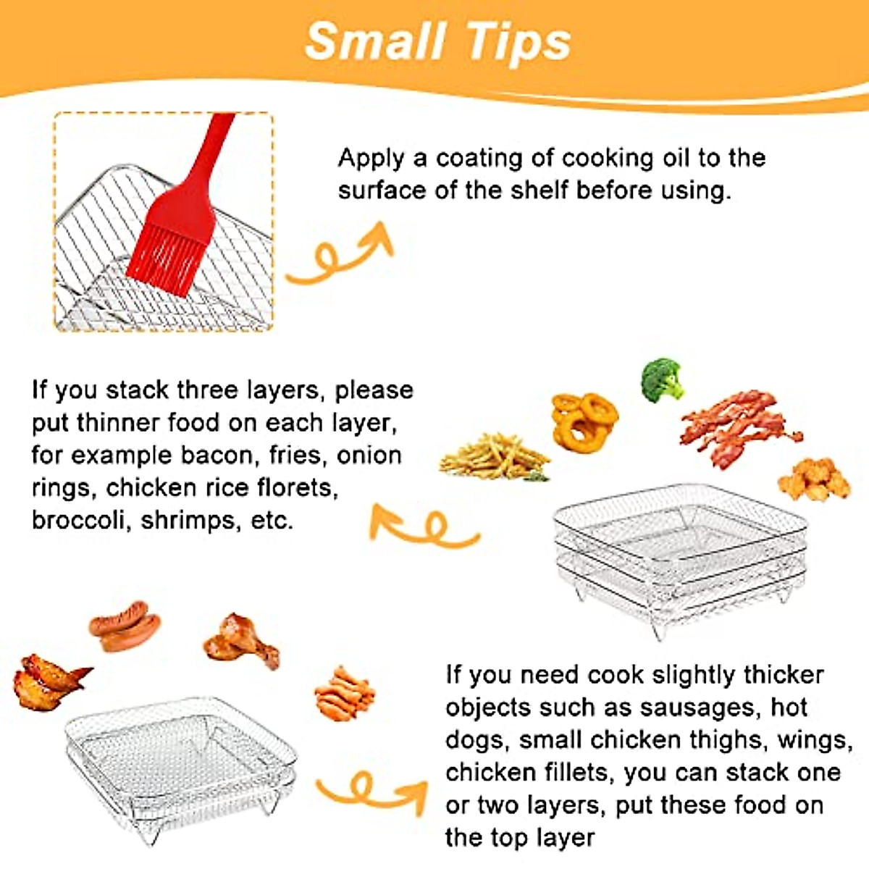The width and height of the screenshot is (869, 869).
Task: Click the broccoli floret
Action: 662,379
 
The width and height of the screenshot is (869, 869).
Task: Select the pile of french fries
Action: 494,456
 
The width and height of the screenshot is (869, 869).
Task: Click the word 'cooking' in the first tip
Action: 610,158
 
